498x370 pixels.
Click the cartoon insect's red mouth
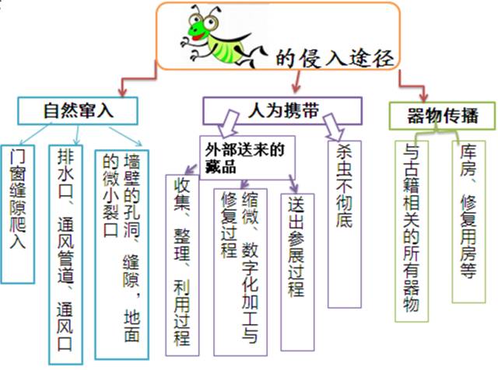coord(198,37)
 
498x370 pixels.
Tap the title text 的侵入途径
coord(335,58)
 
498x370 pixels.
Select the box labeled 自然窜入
coord(78,110)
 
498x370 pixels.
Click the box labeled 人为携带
coord(282,110)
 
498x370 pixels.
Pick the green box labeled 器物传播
coord(443,116)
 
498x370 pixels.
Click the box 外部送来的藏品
coord(247,158)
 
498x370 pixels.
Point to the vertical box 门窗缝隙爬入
coord(18,215)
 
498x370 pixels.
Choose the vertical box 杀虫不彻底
coord(345,225)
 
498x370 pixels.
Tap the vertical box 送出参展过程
coord(297,272)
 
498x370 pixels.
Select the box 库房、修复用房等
coord(468,222)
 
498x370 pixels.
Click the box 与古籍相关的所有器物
coord(412,232)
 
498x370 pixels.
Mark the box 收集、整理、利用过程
coord(182,265)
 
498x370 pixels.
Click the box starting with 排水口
coord(65,255)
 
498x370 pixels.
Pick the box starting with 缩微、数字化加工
coord(240,272)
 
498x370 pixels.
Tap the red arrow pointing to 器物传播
coord(412,85)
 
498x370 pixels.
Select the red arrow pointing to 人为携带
coord(297,82)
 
